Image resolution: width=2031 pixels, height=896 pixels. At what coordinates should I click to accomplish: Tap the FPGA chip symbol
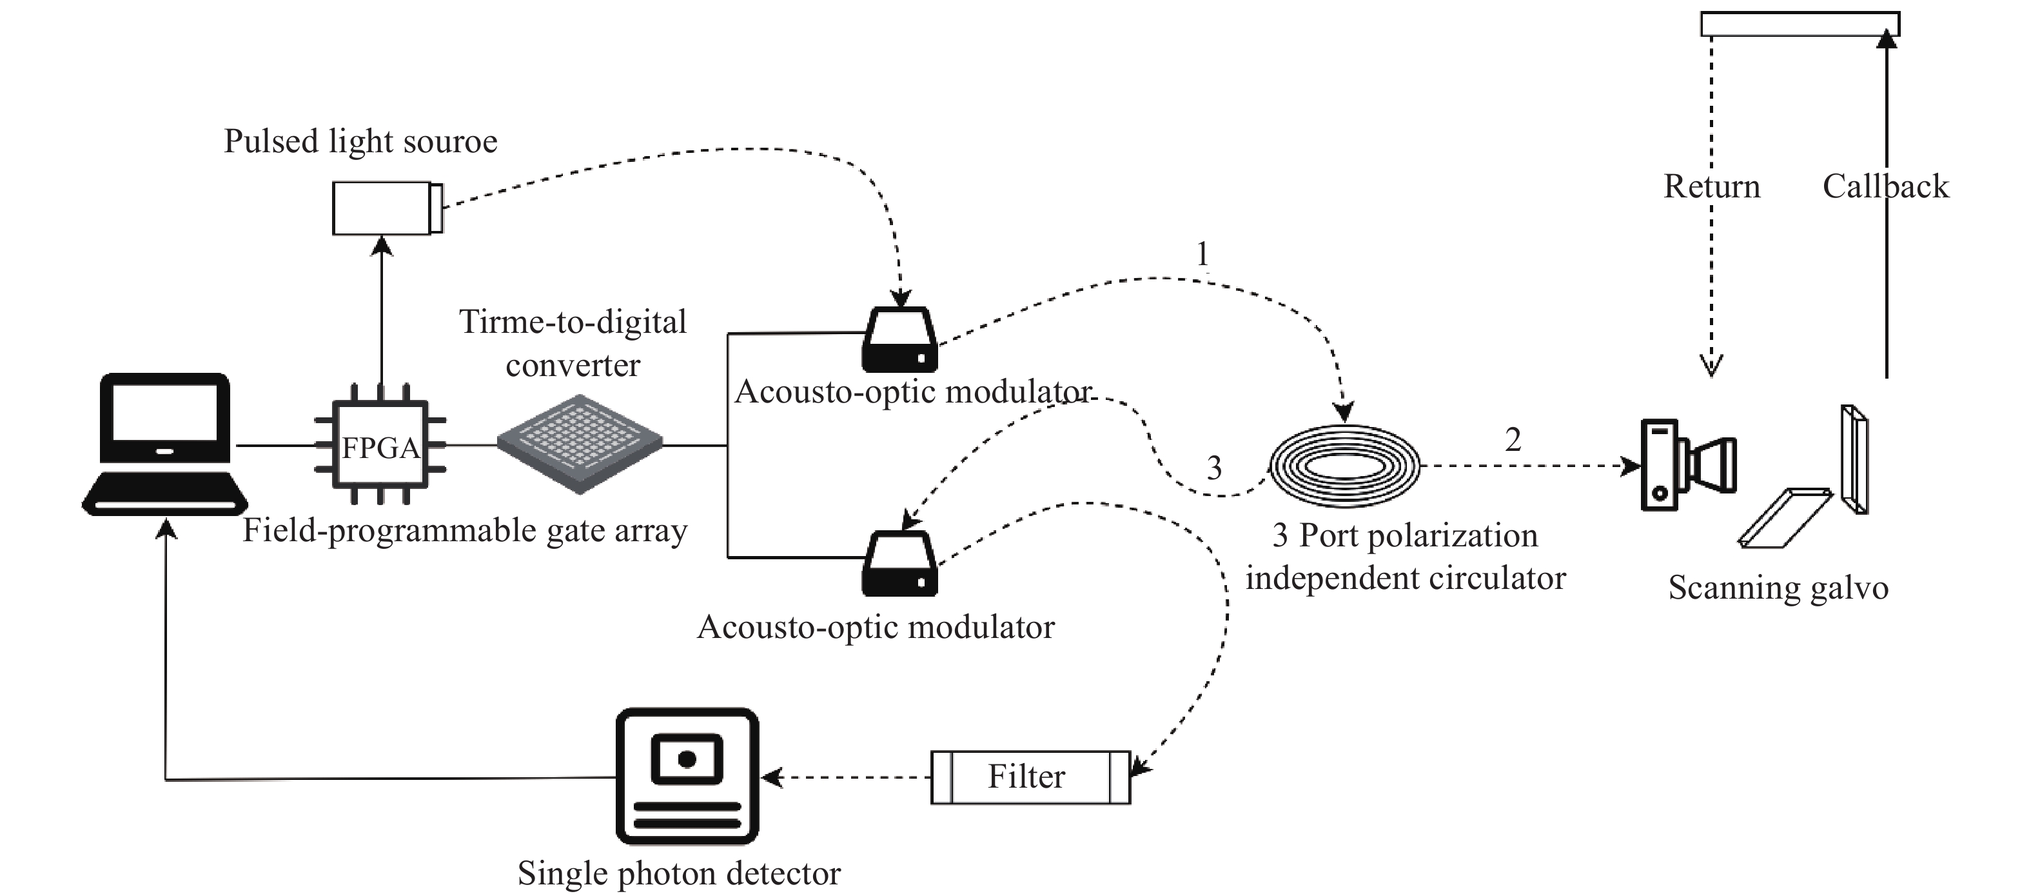click(x=381, y=447)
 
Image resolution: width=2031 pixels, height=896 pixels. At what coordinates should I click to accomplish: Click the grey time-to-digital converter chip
click(x=580, y=443)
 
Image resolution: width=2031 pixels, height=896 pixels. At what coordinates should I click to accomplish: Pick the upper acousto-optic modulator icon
click(x=899, y=340)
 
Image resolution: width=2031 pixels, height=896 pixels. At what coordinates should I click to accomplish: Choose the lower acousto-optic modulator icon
click(x=899, y=564)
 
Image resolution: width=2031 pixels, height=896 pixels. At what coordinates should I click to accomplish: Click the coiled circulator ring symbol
click(x=1344, y=465)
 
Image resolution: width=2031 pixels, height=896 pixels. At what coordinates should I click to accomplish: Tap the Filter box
click(x=1030, y=777)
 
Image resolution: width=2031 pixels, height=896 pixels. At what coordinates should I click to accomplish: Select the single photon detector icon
click(x=687, y=775)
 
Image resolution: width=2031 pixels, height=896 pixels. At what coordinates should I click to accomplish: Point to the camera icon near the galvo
click(x=1687, y=465)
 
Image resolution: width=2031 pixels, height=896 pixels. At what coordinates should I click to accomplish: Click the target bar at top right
click(x=1799, y=25)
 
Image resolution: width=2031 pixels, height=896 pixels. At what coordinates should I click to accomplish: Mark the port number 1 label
click(x=1202, y=254)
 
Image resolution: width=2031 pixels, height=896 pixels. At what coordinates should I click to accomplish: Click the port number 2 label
click(x=1512, y=439)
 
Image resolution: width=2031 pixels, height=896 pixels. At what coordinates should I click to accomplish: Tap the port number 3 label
click(x=1214, y=468)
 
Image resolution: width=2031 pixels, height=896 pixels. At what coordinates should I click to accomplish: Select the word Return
click(x=1712, y=186)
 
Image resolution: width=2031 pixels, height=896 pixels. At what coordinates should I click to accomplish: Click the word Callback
click(x=1885, y=186)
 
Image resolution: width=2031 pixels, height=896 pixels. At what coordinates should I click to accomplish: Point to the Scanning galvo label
click(x=1778, y=588)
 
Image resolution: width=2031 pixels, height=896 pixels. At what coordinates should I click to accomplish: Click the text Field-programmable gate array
click(x=464, y=530)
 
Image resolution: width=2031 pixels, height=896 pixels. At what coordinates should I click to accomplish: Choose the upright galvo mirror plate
click(x=1854, y=459)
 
